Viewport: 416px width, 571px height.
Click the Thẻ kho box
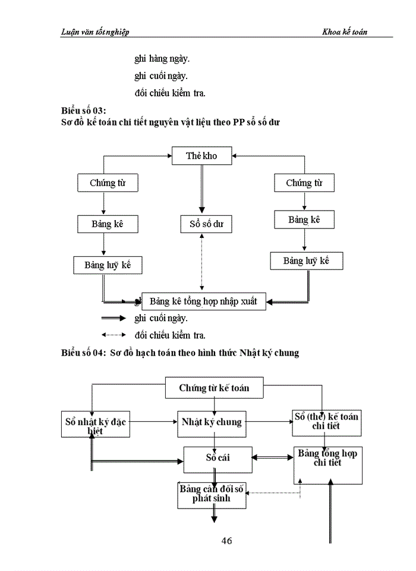201,156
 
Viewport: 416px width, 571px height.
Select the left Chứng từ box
107,183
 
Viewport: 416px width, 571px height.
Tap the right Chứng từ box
304,183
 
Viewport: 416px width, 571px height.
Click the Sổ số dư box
206,224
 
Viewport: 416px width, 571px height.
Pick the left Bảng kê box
107,224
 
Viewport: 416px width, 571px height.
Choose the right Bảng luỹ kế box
306,261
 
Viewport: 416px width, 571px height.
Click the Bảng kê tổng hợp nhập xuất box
203,301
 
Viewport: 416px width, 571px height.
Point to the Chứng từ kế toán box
214,388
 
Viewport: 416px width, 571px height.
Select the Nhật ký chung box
211,422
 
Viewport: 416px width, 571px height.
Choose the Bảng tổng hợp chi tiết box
327,465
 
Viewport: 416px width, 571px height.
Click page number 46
226,541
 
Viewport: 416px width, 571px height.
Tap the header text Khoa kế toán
345,32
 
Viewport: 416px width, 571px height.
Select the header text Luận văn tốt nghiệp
95,32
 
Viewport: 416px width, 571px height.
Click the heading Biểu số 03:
83,111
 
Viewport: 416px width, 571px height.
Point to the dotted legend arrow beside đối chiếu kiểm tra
114,335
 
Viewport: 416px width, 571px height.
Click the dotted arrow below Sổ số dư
203,262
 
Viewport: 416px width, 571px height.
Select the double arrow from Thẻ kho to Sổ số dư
201,189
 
